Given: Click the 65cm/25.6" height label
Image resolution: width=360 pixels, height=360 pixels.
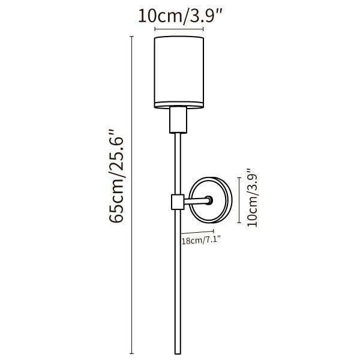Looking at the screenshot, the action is click(116, 176).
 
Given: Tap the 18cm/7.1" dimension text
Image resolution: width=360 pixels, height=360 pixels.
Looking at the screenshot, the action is click(201, 241).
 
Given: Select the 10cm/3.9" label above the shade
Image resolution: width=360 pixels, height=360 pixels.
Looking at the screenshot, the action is click(180, 16).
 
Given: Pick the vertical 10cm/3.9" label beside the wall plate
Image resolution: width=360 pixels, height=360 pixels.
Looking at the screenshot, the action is click(253, 197).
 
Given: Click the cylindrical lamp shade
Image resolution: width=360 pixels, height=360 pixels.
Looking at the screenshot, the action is click(179, 72).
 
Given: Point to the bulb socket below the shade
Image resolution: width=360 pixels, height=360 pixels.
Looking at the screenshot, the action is click(178, 120).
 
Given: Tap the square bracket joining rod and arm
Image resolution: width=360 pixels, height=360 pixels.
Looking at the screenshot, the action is click(178, 202).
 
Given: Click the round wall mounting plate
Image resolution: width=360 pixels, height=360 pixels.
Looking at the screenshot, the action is click(211, 200).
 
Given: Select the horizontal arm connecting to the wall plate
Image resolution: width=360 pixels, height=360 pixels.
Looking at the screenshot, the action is click(196, 202).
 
